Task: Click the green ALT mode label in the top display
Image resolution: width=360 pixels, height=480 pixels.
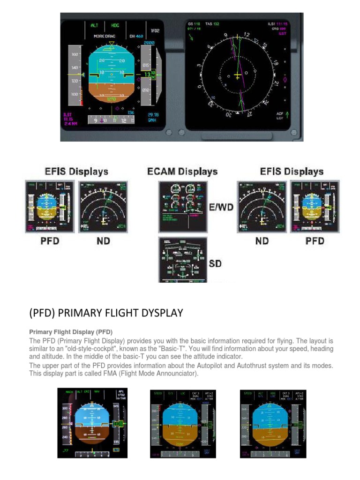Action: point(94,26)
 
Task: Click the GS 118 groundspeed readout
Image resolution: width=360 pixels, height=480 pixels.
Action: point(194,23)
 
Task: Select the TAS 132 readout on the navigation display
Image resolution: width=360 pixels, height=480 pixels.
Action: point(213,23)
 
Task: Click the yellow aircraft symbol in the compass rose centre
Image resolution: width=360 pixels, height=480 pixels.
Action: point(237,76)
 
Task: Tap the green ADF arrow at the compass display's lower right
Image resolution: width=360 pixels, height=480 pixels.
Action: point(287,114)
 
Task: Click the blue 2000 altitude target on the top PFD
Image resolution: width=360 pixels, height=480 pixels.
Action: point(149,42)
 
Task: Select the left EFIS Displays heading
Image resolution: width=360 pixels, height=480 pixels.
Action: point(76,171)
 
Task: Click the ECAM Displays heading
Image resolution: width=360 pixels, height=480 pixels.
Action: point(182,171)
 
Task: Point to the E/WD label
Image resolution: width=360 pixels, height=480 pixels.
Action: point(221,208)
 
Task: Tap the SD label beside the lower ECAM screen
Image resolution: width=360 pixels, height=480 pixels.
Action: point(216,264)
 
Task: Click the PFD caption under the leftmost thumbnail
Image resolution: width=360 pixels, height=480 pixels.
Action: point(49,241)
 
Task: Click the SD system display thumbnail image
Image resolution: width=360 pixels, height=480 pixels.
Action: point(183,260)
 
